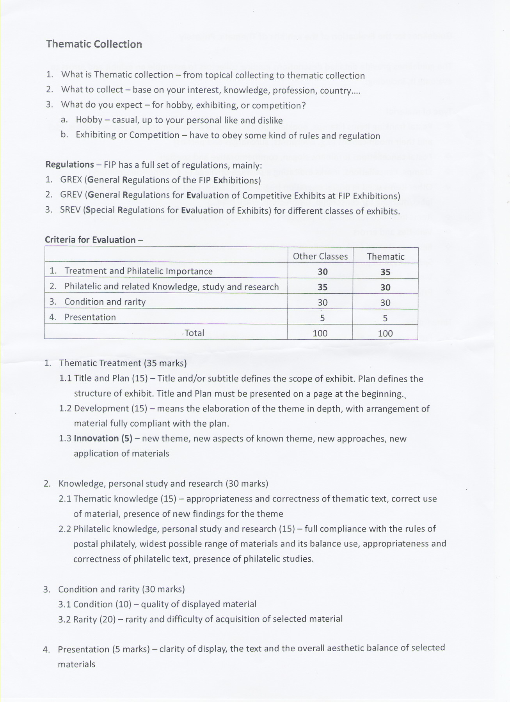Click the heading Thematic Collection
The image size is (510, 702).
coord(94,44)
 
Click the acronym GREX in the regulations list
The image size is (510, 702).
coord(71,180)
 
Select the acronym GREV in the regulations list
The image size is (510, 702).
coord(71,195)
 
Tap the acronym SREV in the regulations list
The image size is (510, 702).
coord(71,210)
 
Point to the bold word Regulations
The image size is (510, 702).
coord(69,165)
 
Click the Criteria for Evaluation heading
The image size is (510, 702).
coord(91,240)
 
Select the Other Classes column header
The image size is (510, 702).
coord(320,256)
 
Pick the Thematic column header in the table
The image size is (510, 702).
coord(385,257)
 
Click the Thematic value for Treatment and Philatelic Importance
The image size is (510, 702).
coord(385,272)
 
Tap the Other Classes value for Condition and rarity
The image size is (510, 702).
coord(322,303)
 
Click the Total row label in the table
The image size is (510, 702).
coord(194,333)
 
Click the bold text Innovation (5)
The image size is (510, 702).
coord(103,439)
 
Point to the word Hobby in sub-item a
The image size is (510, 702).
coord(89,120)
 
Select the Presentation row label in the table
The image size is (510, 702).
coord(90,317)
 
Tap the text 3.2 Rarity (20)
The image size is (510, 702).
coord(87,619)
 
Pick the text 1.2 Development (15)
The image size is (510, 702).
coord(103,409)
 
